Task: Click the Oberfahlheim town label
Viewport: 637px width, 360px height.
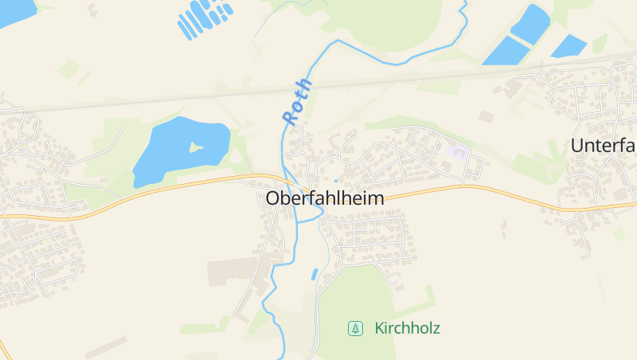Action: coord(324,198)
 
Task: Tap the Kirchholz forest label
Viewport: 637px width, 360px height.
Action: coord(406,328)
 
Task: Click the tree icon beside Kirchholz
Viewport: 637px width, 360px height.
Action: coord(354,328)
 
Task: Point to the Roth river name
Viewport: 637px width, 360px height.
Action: coord(297,101)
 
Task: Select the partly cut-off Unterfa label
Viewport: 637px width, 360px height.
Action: coord(604,145)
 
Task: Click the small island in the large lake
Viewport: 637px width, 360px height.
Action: coord(195,147)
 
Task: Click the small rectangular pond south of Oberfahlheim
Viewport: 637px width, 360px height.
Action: coord(315,275)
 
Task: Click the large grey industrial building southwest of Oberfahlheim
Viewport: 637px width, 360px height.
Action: coord(233,272)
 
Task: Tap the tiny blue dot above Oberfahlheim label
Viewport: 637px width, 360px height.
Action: coord(335,181)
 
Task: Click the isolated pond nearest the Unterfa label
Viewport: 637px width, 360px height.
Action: coord(569,45)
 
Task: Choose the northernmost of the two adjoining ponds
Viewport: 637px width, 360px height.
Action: coord(530,22)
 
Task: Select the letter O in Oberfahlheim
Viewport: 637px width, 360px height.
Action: coord(273,198)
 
